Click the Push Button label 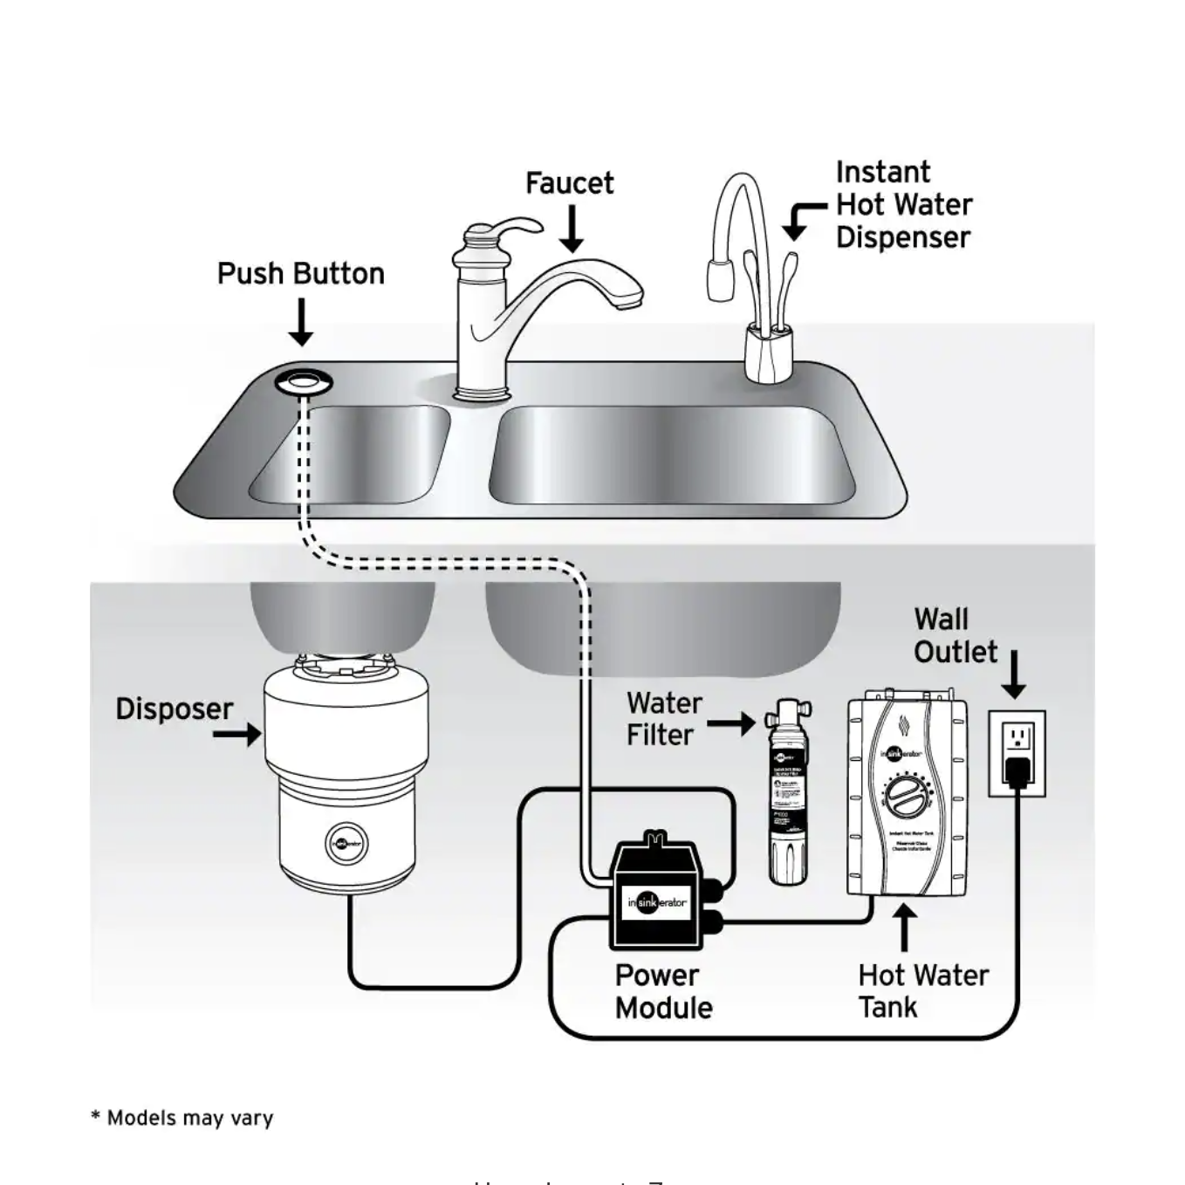[x=300, y=274]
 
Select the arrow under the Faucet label [x=572, y=229]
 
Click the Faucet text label [x=569, y=183]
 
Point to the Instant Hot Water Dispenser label [x=903, y=204]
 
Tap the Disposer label [x=175, y=709]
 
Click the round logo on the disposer [x=346, y=844]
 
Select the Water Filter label [x=664, y=719]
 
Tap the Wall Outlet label [x=955, y=635]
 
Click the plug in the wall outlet [x=1017, y=771]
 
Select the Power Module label [x=663, y=991]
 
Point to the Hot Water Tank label [x=922, y=990]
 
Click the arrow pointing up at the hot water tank [x=905, y=927]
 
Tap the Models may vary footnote [x=182, y=1118]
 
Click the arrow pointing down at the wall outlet [x=1014, y=675]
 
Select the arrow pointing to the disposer [x=237, y=734]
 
